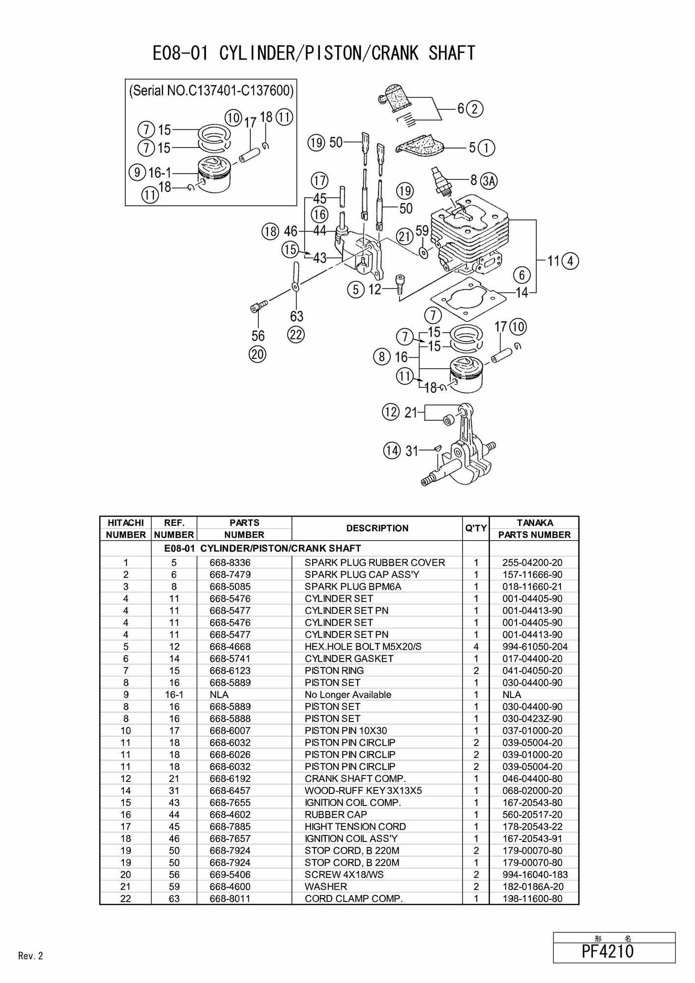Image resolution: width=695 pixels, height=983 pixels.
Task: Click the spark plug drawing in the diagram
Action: (441, 181)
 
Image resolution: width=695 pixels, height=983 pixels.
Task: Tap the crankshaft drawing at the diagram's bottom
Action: (459, 445)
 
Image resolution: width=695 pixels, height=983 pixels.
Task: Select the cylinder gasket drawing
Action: (468, 298)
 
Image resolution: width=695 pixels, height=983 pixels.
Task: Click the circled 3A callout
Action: (489, 181)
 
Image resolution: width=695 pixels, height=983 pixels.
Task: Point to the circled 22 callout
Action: (296, 335)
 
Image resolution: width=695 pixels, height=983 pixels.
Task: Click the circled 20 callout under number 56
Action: (258, 354)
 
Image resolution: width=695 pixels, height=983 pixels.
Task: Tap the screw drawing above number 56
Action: (259, 306)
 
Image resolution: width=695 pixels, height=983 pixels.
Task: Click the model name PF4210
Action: (608, 951)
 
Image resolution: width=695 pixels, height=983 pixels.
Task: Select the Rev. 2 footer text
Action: (30, 956)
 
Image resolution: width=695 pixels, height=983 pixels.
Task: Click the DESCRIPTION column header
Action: (377, 528)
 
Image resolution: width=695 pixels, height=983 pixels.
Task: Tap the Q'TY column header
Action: (476, 528)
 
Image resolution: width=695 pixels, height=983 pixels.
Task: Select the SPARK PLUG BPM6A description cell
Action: (353, 586)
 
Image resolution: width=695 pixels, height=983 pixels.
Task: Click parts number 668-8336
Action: (230, 563)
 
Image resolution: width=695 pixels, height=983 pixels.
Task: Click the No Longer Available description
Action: (348, 694)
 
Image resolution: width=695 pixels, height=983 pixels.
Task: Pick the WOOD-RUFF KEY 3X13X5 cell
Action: (363, 791)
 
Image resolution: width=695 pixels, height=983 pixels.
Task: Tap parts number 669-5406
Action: (230, 874)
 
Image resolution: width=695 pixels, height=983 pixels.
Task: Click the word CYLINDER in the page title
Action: (256, 53)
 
